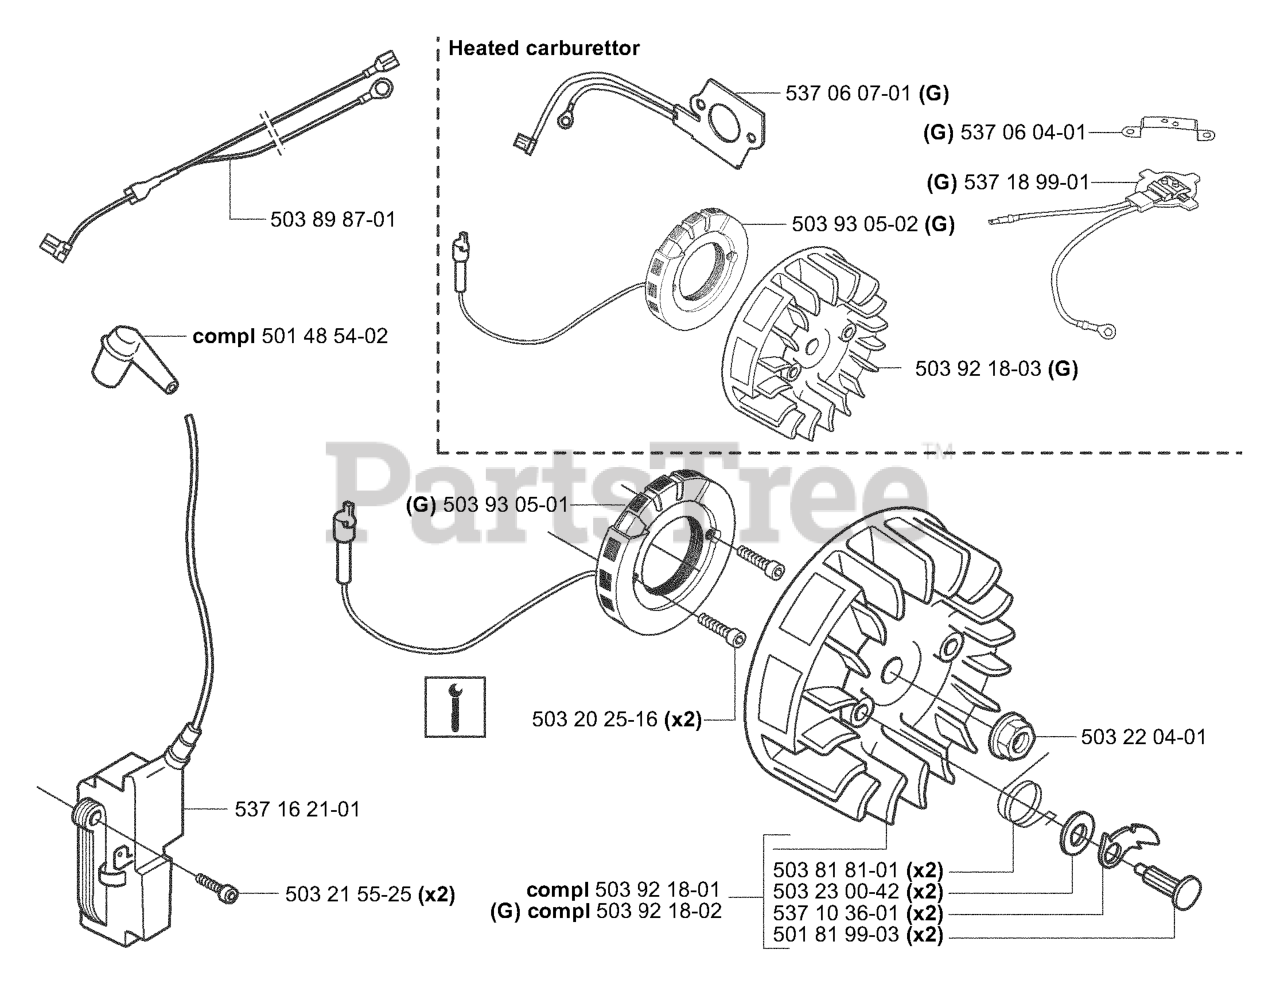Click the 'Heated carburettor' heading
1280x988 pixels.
click(x=544, y=48)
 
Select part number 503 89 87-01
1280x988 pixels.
click(x=333, y=220)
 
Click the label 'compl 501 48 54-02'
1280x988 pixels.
click(x=290, y=336)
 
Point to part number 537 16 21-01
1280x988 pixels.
click(x=297, y=809)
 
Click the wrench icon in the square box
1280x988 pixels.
click(x=455, y=707)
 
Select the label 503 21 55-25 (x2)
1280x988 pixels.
click(x=370, y=894)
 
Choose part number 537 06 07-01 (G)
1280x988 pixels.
click(x=867, y=94)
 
